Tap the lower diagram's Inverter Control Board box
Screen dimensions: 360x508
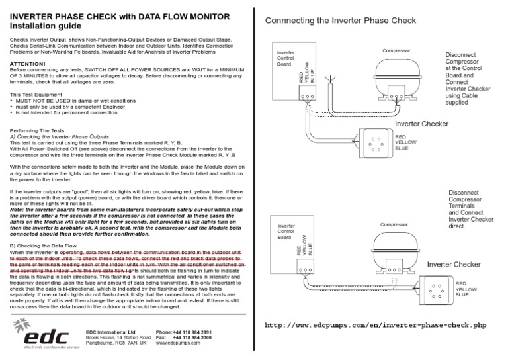pyautogui.click(x=296, y=248)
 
